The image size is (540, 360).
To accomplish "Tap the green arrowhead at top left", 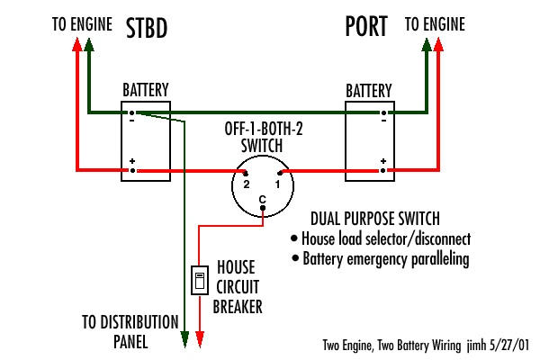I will pyautogui.click(x=88, y=48).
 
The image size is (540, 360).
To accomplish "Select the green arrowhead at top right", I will pyautogui.click(x=426, y=48).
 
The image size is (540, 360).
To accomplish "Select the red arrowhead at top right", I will pyautogui.click(x=439, y=48).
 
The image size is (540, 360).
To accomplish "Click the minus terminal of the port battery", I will pyautogui.click(x=383, y=114).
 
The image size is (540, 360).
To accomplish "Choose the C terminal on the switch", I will pyautogui.click(x=262, y=210).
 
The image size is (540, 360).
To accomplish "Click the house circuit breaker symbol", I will pyautogui.click(x=199, y=281).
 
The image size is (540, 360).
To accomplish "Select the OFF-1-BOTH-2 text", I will pyautogui.click(x=265, y=130).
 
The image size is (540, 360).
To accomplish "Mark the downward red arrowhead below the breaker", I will pyautogui.click(x=199, y=340).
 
